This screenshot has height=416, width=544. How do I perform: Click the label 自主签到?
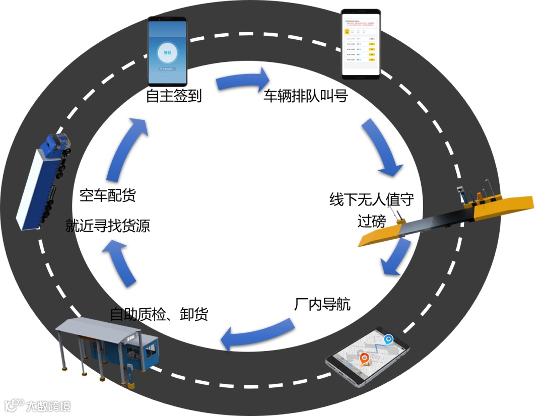[x=174, y=96]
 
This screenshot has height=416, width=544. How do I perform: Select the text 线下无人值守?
[x=372, y=200]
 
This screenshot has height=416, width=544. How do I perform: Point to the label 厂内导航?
[x=322, y=305]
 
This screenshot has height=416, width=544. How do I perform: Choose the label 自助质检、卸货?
[x=159, y=315]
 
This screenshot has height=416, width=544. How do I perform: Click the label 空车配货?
[x=107, y=195]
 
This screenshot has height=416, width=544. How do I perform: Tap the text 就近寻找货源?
[x=107, y=226]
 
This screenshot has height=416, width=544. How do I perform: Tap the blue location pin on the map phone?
[x=388, y=341]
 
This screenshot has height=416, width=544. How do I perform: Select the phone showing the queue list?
[x=360, y=44]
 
